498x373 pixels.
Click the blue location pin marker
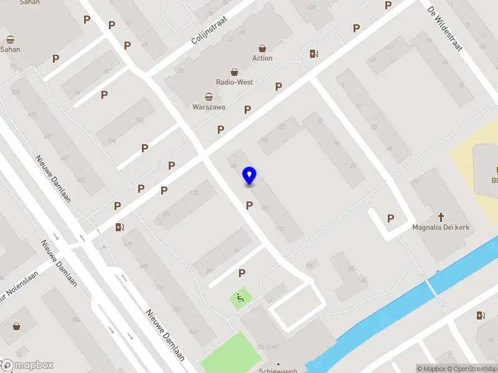pos(250,175)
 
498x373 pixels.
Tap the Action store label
pos(262,58)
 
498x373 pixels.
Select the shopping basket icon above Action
pos(262,48)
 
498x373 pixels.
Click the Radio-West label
pos(234,82)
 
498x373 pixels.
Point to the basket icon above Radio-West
pos(235,72)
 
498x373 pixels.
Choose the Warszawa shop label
pos(209,107)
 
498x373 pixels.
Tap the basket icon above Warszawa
pos(209,96)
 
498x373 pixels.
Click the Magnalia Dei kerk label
pos(439,227)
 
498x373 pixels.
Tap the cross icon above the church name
pos(441,216)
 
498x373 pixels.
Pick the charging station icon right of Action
pos(314,53)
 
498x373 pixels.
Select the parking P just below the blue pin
pos(250,205)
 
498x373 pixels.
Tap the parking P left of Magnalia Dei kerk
pos(391,218)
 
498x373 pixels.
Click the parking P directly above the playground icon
pos(242,273)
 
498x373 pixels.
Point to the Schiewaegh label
pos(278,370)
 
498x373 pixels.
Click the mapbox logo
pos(27,365)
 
